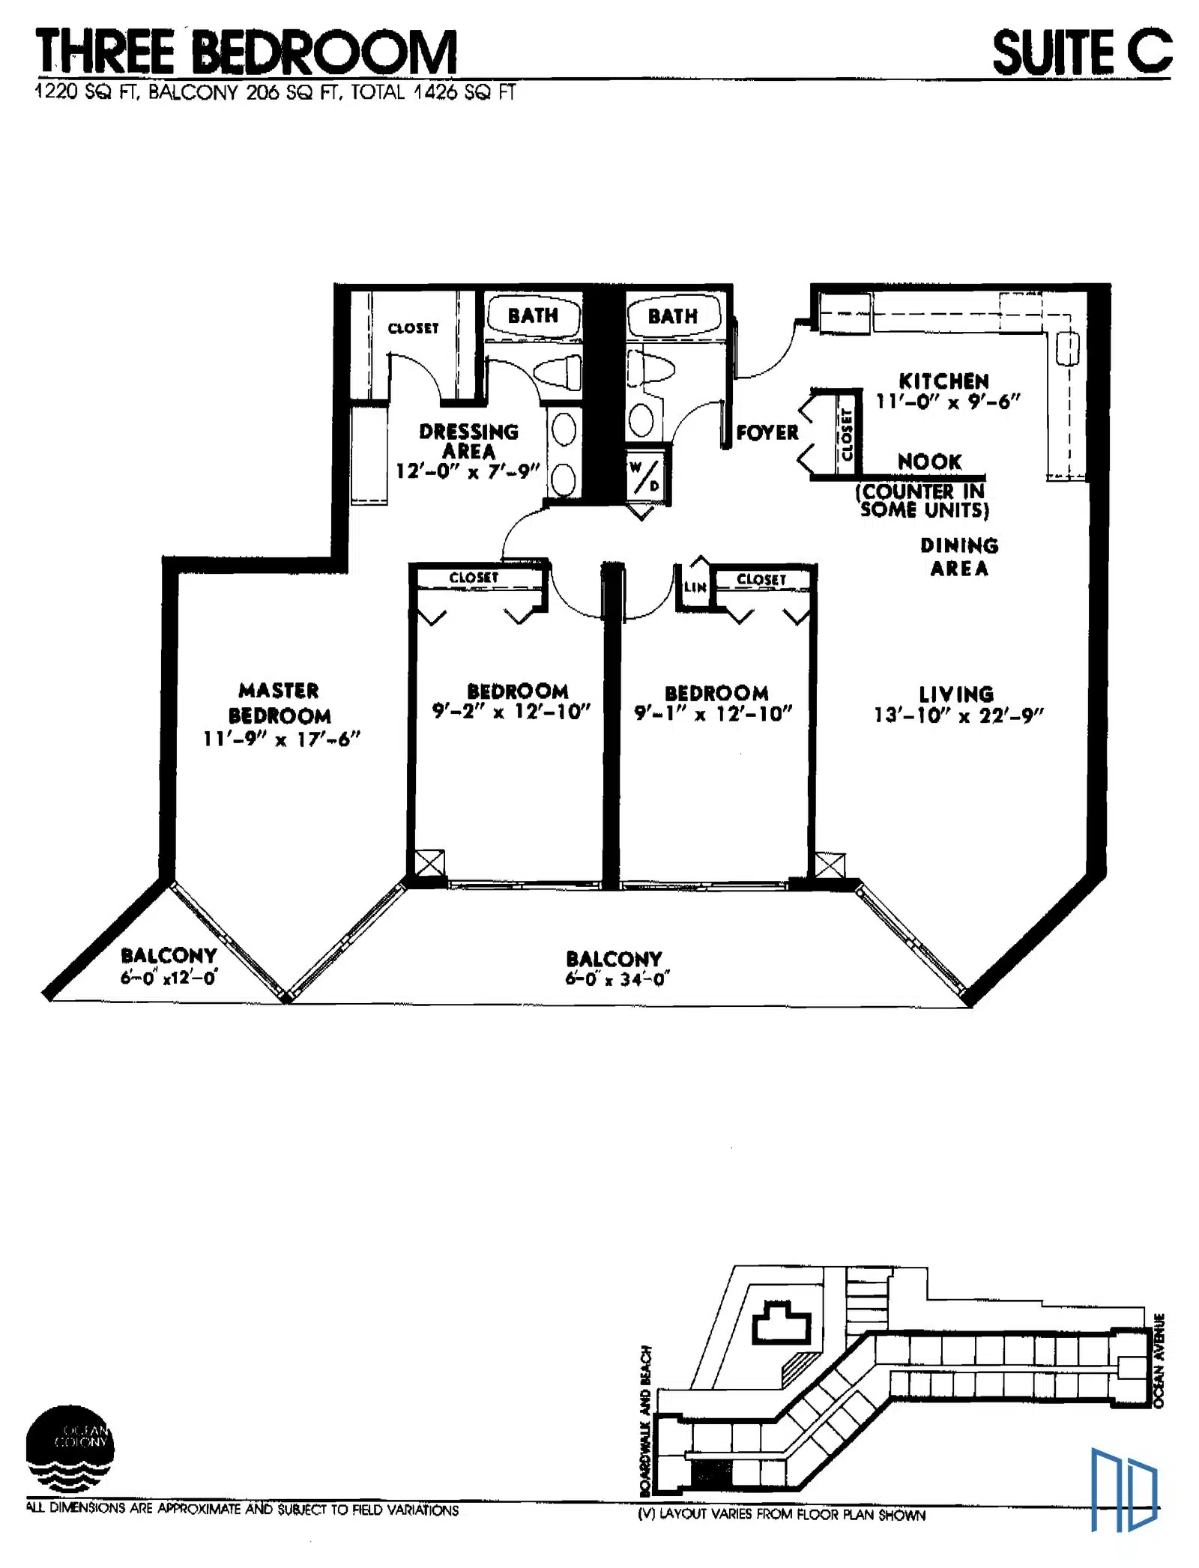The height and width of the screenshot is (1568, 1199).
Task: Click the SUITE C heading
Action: [1081, 52]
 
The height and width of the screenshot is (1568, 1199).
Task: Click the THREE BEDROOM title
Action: [247, 52]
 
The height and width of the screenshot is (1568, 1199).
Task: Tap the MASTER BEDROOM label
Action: [280, 703]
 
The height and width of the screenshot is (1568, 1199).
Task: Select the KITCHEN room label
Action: [943, 381]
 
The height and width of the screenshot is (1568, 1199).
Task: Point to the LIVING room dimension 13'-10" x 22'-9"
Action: [958, 715]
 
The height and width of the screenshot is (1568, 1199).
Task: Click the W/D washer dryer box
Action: [644, 476]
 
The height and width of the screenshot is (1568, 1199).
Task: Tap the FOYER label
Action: [767, 433]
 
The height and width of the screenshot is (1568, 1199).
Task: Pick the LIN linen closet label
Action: [695, 587]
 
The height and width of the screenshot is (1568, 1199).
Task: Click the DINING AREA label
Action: [959, 557]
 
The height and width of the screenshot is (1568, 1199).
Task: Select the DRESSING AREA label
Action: [468, 441]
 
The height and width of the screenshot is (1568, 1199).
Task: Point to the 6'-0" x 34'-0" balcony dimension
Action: [617, 979]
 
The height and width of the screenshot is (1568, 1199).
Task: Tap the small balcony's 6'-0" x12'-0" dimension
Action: [169, 977]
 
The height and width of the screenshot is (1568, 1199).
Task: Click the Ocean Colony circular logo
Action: [70, 1448]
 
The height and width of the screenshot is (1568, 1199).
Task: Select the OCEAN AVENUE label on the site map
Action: [1159, 1360]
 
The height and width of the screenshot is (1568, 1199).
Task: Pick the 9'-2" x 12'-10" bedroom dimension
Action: [511, 712]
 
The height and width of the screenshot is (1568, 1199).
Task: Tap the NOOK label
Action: [929, 461]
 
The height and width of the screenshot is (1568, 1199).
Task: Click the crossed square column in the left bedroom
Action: [429, 863]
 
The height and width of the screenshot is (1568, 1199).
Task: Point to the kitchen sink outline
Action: [1067, 349]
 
